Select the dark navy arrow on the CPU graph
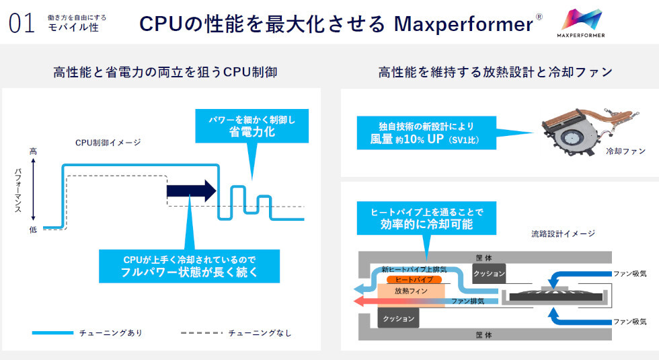192,190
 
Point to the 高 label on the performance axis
33,151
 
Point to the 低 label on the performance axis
33,229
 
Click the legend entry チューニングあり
110,332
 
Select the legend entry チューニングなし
260,332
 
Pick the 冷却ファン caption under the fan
625,151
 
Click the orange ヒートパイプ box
415,279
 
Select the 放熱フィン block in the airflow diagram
410,292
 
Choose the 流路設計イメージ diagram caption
563,233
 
